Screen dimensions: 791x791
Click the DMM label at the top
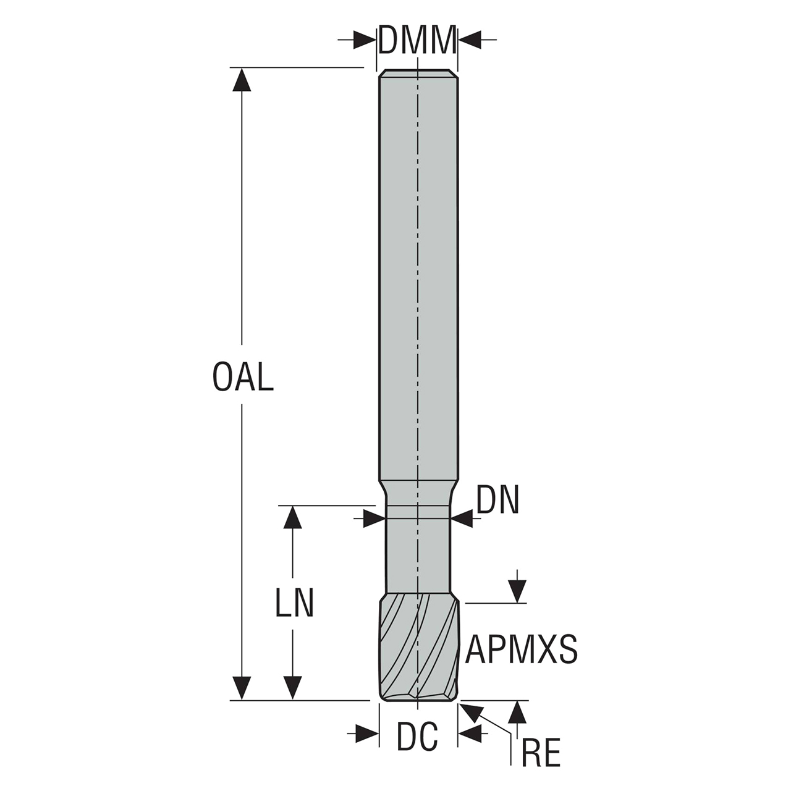(x=417, y=41)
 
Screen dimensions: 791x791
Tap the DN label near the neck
(x=498, y=501)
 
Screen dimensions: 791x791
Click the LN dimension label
(x=295, y=603)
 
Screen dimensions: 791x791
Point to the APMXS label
(x=522, y=649)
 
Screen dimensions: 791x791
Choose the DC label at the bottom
(x=417, y=737)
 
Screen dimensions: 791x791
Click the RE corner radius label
(x=541, y=754)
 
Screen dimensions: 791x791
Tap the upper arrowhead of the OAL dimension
(x=242, y=80)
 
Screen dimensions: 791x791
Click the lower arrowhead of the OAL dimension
(x=242, y=688)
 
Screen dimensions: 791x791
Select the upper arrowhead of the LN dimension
(x=292, y=517)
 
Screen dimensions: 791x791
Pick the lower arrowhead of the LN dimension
(x=292, y=688)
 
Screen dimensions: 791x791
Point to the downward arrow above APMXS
(x=517, y=591)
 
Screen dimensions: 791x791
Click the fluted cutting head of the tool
(x=419, y=649)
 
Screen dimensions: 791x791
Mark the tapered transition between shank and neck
(x=418, y=493)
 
